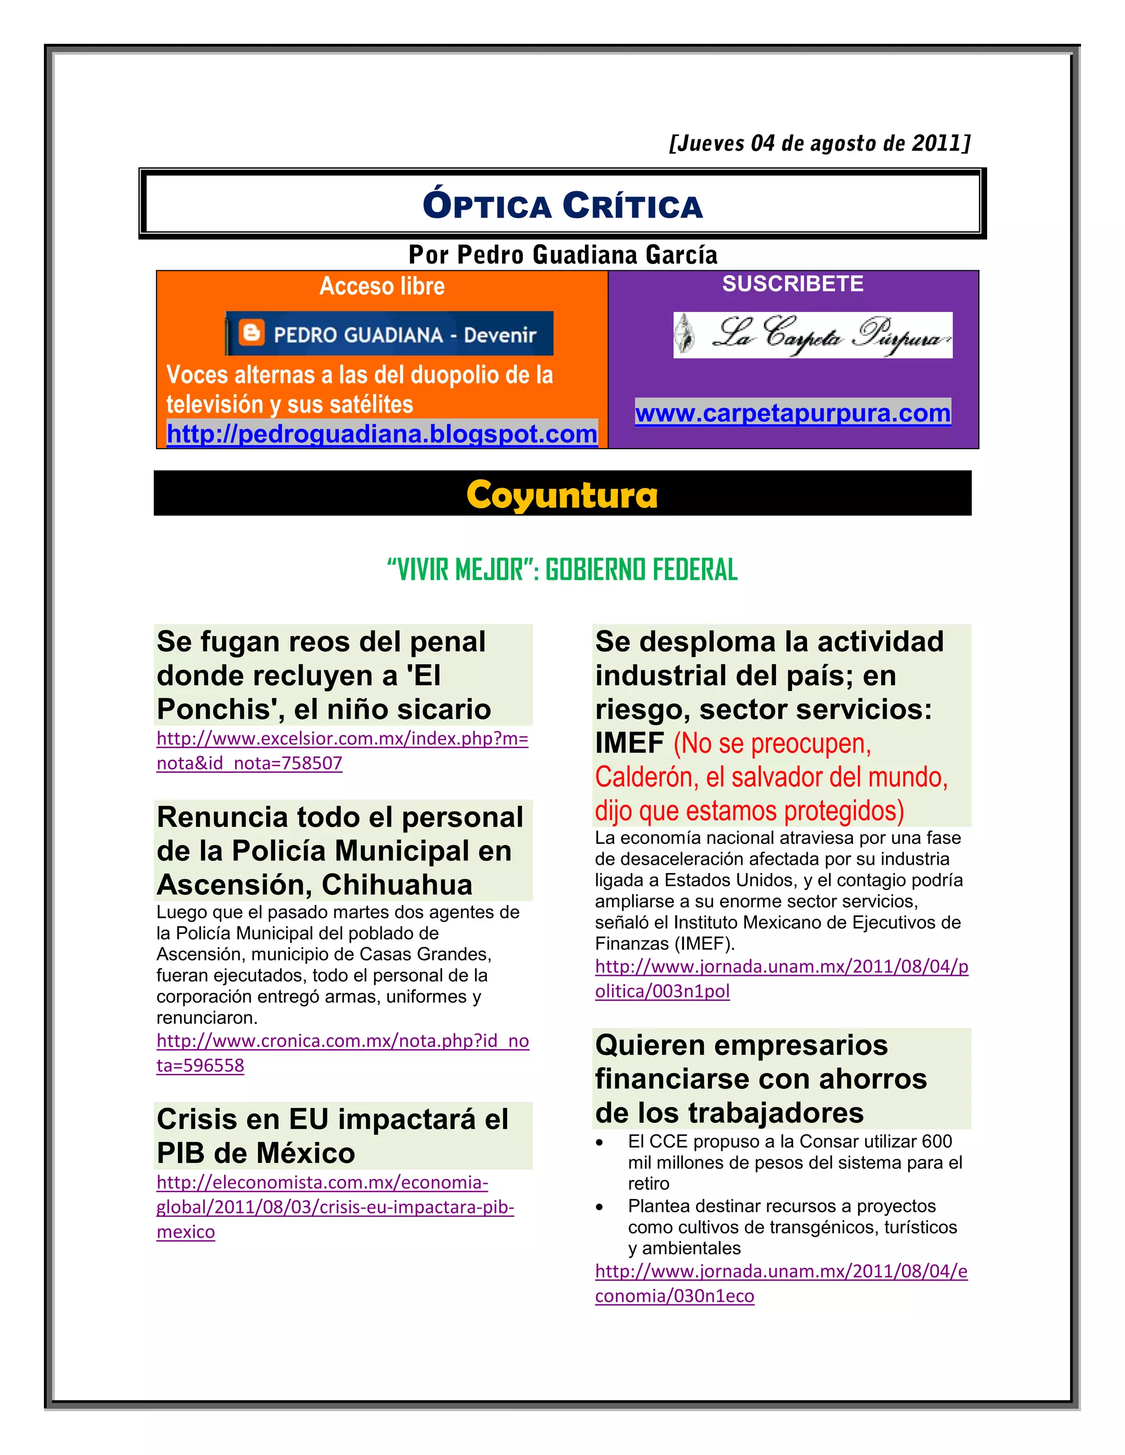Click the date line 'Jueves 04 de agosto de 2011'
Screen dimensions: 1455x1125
(x=819, y=143)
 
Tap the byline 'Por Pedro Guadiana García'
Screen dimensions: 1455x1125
(x=562, y=255)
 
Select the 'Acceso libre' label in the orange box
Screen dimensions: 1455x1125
(x=382, y=286)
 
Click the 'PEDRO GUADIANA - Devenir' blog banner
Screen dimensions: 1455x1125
(x=389, y=333)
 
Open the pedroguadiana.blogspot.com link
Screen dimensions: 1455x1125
(x=382, y=434)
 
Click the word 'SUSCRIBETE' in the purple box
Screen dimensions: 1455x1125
(x=793, y=284)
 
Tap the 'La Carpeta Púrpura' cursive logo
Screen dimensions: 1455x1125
(x=812, y=334)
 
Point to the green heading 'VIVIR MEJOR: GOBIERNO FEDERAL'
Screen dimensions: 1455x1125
(x=562, y=569)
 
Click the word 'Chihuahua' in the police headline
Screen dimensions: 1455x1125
(x=397, y=885)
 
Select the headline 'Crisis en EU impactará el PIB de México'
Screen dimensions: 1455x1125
(x=332, y=1136)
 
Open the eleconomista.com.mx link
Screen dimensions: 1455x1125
(x=335, y=1207)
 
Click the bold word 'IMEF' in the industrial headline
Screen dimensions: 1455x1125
(x=629, y=743)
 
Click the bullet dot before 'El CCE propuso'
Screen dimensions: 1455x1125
(x=600, y=1143)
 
